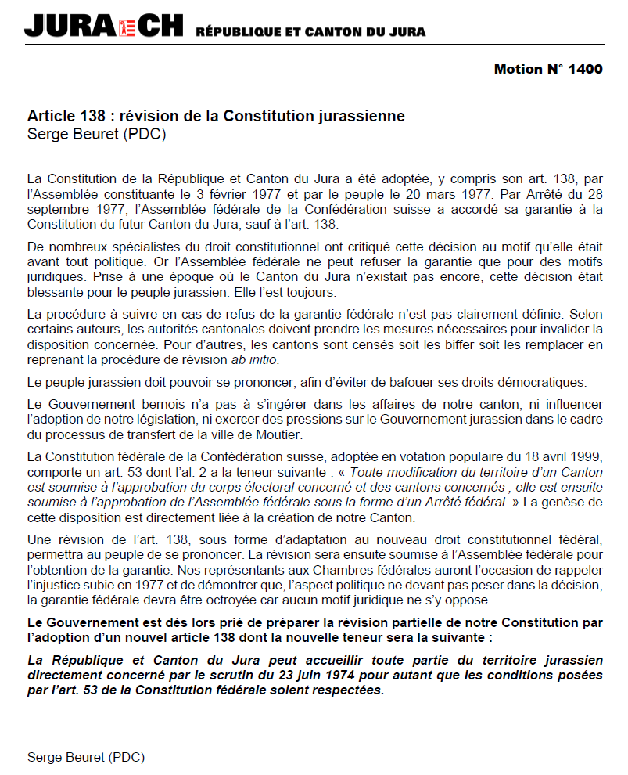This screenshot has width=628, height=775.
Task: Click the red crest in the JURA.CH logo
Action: tap(127, 27)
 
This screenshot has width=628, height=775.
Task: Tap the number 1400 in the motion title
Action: tap(586, 69)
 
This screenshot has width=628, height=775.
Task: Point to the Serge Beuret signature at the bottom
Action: tap(86, 757)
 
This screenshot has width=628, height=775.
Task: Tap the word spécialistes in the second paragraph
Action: tap(139, 247)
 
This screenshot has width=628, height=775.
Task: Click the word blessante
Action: tap(55, 292)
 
